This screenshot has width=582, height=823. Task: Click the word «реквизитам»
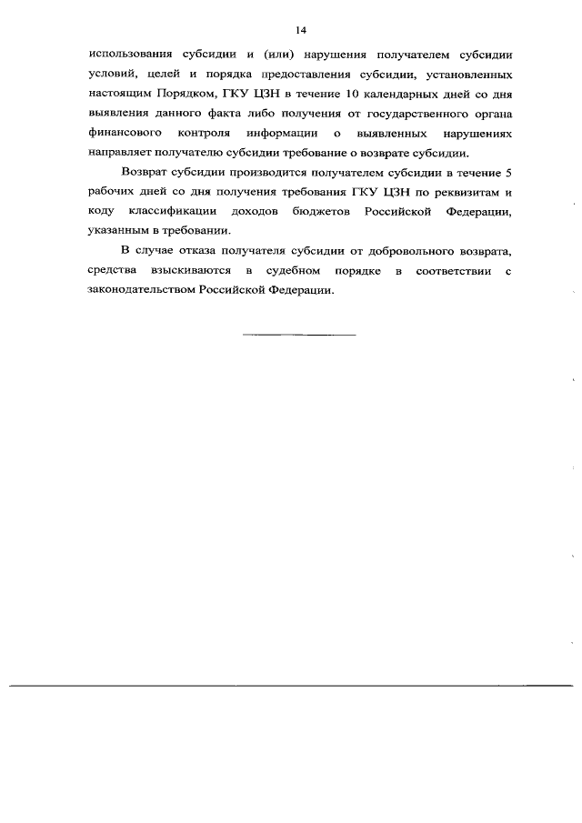coord(464,192)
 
